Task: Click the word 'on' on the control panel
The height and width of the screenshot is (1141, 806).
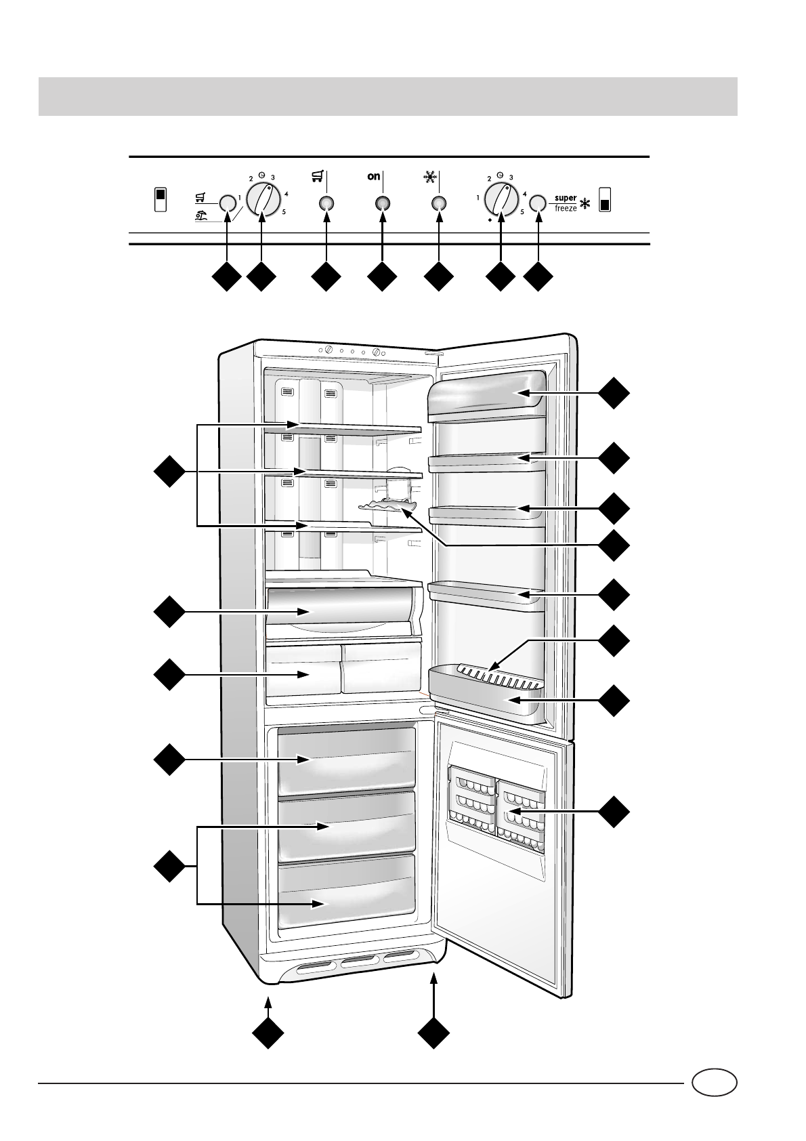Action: point(373,177)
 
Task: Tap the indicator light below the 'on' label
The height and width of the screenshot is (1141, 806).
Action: point(383,203)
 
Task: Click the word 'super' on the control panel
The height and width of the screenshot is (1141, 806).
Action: point(566,199)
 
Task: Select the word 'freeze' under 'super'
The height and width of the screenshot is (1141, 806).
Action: point(566,209)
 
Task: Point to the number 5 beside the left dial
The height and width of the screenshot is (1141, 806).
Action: point(284,213)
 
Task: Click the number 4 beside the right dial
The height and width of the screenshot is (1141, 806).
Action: point(525,194)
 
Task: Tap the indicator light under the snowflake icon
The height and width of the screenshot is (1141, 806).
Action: point(439,203)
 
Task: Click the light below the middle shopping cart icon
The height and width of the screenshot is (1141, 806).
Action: point(326,203)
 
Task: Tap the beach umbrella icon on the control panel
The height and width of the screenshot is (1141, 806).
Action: point(200,217)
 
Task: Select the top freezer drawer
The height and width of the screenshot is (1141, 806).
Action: point(346,760)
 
